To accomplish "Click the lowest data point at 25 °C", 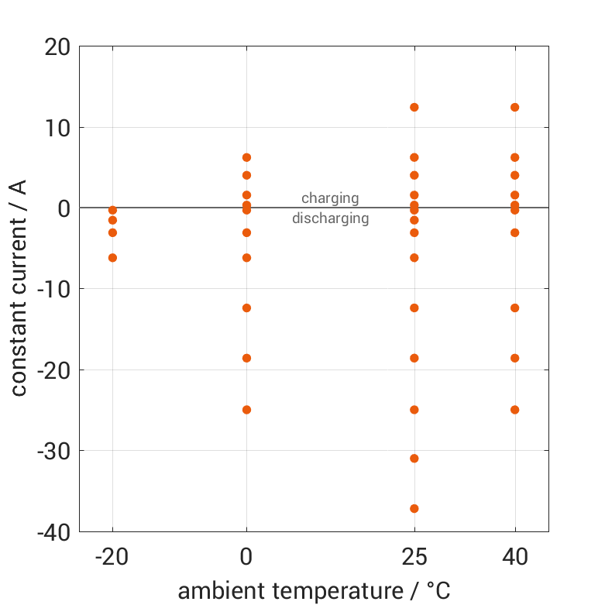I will (x=414, y=508).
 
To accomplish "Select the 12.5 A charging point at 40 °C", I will (x=514, y=107).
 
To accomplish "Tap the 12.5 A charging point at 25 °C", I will (x=414, y=107).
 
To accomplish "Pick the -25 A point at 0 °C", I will (x=246, y=410).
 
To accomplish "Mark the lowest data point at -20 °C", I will (x=112, y=257).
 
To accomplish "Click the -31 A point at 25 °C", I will (x=414, y=458).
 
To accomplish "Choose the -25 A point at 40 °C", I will (x=514, y=410).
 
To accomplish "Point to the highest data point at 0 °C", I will (x=246, y=157).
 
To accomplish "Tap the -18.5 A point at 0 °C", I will (x=246, y=358).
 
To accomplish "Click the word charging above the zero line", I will (x=330, y=198).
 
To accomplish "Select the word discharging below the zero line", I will (x=330, y=218).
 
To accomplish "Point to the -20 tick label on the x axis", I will (x=112, y=556).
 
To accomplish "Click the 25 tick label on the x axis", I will (x=414, y=556).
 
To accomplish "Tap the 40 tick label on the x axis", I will (x=514, y=556).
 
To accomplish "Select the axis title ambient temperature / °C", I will (x=314, y=591).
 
